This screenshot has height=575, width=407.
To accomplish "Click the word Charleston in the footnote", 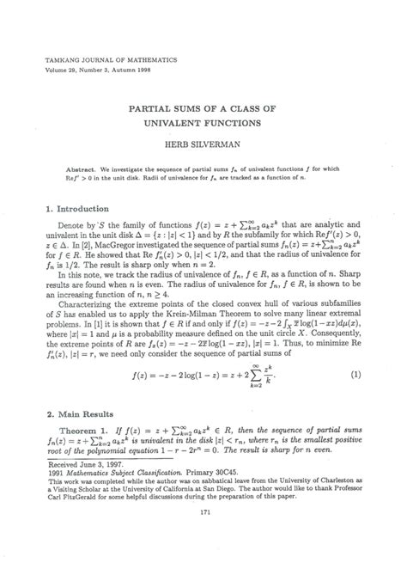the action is (349, 494).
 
